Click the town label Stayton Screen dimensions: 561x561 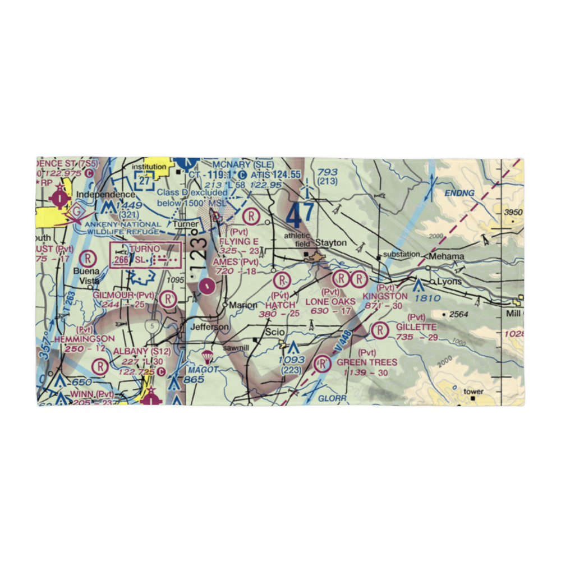(332, 243)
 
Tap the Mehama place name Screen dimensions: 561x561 (447, 256)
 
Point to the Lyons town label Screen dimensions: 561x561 (448, 282)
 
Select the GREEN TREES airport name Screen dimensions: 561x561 (367, 362)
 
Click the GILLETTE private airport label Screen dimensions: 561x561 (416, 327)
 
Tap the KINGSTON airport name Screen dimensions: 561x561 (385, 296)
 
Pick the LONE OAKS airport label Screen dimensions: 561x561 (330, 302)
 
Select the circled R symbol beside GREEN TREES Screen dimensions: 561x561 (323, 365)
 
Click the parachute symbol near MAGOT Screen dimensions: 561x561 (207, 356)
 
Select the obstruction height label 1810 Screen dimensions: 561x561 (427, 298)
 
